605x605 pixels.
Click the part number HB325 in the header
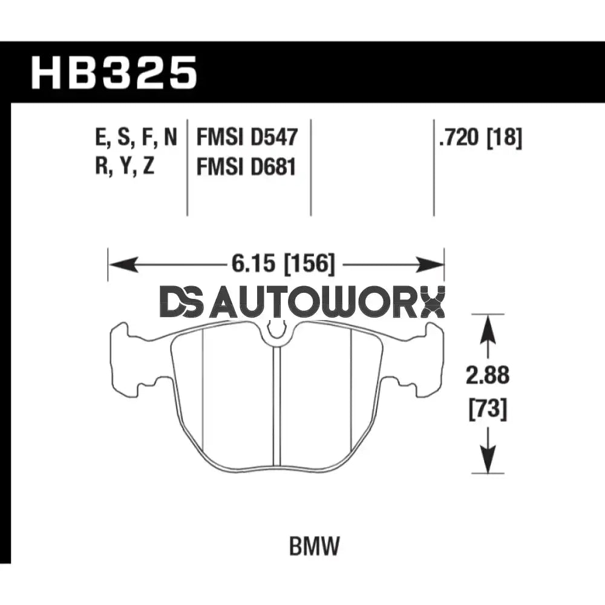click(x=115, y=73)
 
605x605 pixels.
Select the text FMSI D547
click(x=247, y=138)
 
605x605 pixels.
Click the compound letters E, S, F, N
click(x=137, y=138)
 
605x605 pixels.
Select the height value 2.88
click(x=488, y=376)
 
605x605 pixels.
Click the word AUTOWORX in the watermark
click(x=330, y=302)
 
